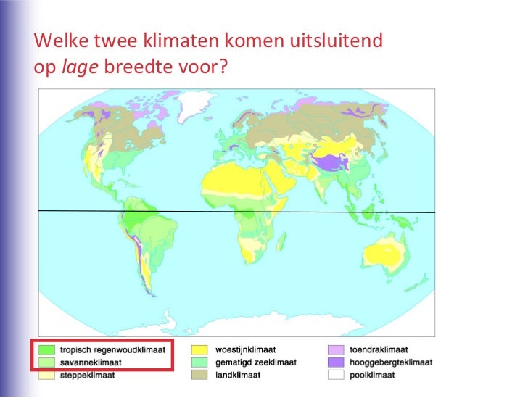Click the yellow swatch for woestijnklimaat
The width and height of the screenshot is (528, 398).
[x=200, y=349]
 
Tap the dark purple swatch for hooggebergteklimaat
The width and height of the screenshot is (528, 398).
[x=334, y=362]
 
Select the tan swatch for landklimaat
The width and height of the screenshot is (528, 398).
[x=200, y=375]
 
